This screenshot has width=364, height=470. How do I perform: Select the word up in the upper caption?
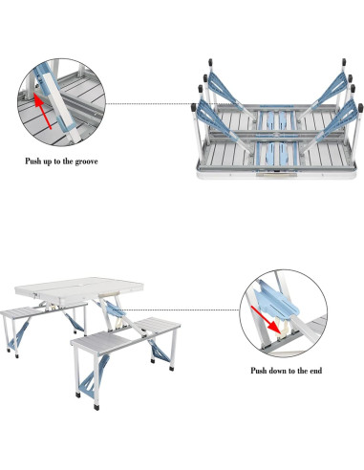[x=51, y=160]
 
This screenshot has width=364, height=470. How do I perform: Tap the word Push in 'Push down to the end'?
[x=261, y=369]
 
